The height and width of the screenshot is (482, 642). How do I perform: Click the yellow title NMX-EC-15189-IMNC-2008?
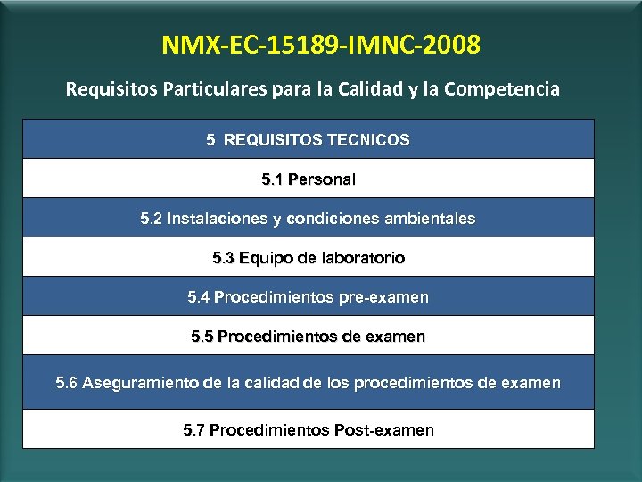(x=321, y=44)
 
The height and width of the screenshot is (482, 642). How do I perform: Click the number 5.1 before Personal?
(x=273, y=179)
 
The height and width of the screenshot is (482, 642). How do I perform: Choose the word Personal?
(x=321, y=179)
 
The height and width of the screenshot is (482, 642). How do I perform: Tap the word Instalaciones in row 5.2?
(x=215, y=219)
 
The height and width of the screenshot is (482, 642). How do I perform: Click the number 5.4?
(x=199, y=297)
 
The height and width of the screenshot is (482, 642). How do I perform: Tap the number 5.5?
(x=202, y=337)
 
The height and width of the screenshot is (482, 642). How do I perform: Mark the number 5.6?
(x=67, y=383)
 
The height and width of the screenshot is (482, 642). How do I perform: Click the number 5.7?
(x=194, y=430)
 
